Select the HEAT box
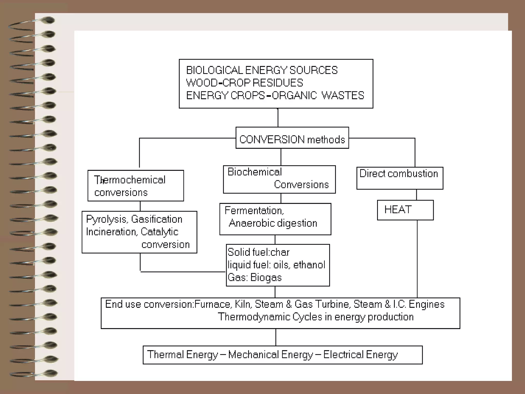coord(405,210)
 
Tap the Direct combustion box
coord(399,178)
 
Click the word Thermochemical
coord(130,180)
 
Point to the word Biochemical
coord(255,172)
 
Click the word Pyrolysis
coord(106,219)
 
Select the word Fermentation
coord(254,210)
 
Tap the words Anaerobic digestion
coord(273,223)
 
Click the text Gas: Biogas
coord(255,278)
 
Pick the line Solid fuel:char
coord(258,252)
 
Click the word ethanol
coord(309,265)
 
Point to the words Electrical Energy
coord(360,354)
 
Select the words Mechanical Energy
coord(271,354)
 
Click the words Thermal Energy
coord(183,354)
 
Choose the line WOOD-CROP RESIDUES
coord(245,83)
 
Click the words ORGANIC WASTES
coord(318,95)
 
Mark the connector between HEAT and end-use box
coord(417,259)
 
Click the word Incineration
coord(111,232)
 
